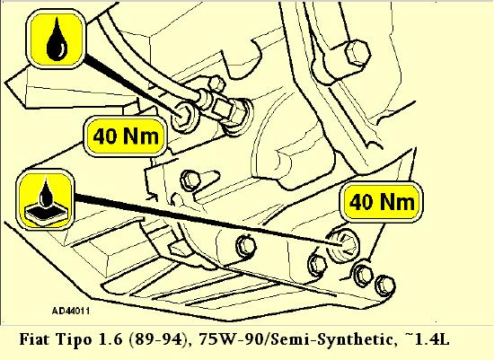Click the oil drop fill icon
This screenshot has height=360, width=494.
pos(57,39)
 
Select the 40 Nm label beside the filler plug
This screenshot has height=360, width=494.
pos(126,136)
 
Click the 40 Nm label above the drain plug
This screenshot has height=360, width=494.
pos(382,202)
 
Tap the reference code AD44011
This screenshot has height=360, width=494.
pos(71,312)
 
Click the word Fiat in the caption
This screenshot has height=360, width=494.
pos(35,339)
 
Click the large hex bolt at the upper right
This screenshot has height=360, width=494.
pos(357,53)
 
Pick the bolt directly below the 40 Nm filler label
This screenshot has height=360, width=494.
pos(190,180)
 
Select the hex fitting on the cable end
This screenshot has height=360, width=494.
pos(221,107)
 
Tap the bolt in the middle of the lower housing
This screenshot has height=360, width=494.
pos(246,246)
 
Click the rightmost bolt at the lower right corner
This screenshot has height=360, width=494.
pos(385,285)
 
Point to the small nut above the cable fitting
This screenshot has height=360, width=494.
pos(216,83)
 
